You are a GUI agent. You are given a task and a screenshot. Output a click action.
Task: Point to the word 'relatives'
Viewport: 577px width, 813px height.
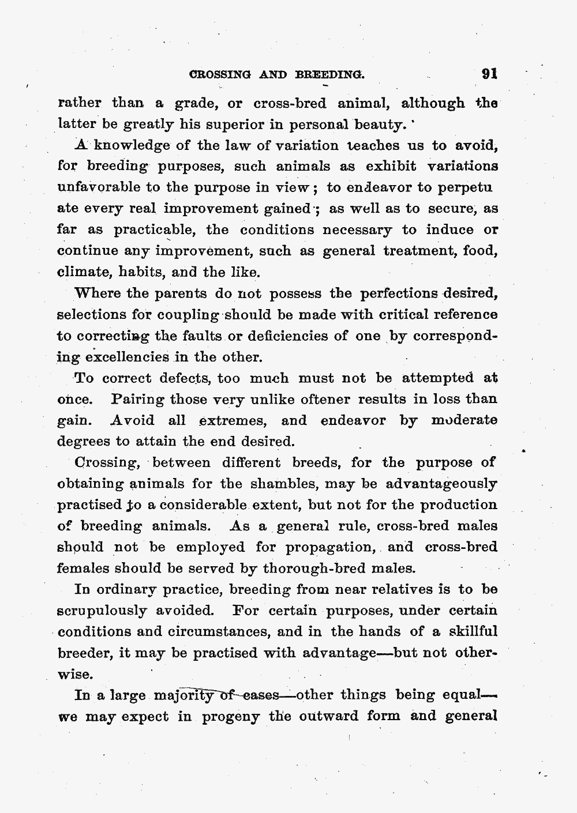point(392,589)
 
